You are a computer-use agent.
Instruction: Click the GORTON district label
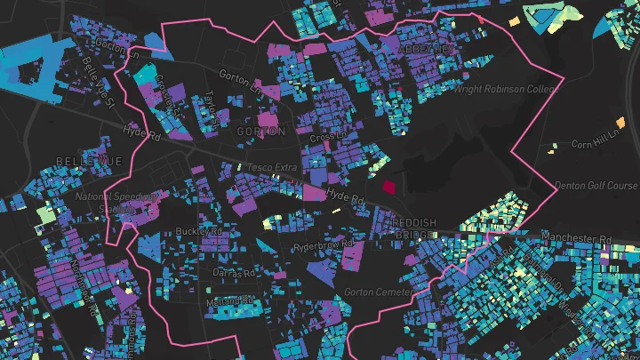point(261,132)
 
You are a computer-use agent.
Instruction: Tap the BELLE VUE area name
point(87,160)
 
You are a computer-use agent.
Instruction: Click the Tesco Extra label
point(271,168)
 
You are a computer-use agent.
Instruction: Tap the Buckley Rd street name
point(198,231)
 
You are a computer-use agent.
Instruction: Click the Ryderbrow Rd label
point(324,244)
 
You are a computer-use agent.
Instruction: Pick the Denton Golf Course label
point(596,186)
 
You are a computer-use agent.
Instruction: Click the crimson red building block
point(389,187)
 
